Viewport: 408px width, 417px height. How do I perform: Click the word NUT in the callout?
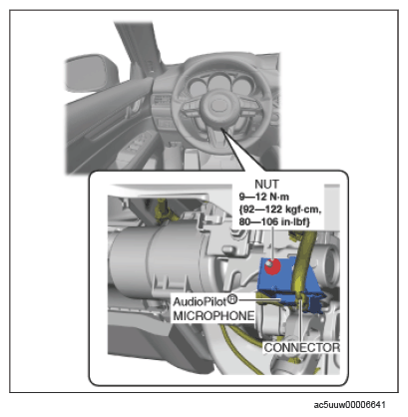266,184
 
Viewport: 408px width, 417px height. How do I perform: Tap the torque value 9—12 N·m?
264,197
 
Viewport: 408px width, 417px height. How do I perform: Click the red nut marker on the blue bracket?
272,266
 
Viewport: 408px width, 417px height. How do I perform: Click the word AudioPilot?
200,302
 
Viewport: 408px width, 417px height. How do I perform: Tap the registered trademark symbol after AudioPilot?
232,299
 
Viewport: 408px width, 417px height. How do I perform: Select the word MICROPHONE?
213,316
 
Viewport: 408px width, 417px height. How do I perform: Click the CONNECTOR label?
302,348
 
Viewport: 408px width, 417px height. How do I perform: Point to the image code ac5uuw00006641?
350,405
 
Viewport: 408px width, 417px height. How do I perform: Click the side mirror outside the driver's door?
92,74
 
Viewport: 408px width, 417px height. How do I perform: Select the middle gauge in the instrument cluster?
218,83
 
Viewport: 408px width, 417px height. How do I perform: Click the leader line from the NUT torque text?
272,243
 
